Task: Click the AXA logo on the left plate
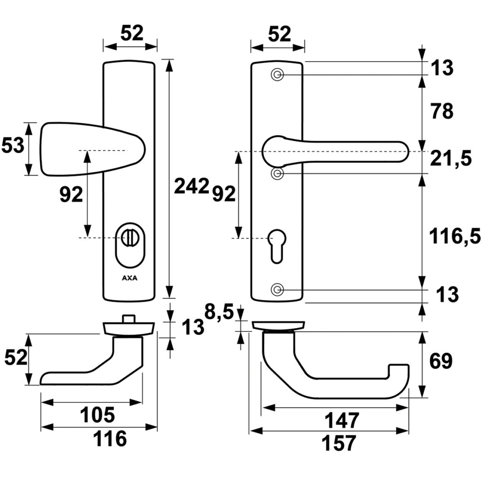[x=129, y=278]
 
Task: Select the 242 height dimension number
[x=191, y=186]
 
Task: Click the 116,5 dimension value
[x=454, y=236]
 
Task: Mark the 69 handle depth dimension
[x=441, y=361]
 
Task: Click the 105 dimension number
[x=97, y=415]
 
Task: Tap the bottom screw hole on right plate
[x=277, y=289]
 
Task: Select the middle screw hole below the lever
[x=277, y=174]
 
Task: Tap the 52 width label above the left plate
[x=132, y=34]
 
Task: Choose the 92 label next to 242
[x=224, y=193]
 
